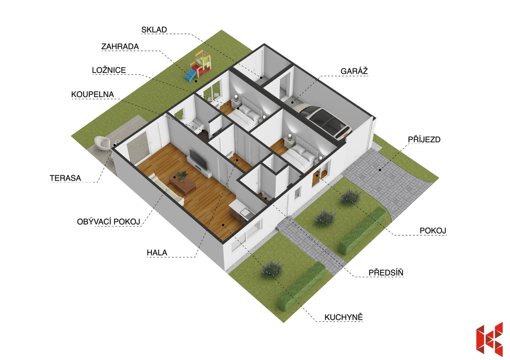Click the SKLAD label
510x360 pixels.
pos(154,29)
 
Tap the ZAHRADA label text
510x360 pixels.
pos(120,46)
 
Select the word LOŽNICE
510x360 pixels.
pos(109,70)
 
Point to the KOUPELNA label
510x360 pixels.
pos(92,94)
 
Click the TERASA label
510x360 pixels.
pos(65,178)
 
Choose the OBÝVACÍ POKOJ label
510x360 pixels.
pos(109,222)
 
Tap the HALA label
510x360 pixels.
pos(157,252)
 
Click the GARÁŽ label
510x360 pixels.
pos(354,71)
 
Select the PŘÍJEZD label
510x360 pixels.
pos(424,139)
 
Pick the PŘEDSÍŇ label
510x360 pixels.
pos(386,272)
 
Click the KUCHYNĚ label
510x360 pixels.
pos(344,317)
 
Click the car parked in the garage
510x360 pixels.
pos(325,119)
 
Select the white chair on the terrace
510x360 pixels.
pos(103,143)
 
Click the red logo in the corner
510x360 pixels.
pos(489,339)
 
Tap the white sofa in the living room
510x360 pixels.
pos(166,189)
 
